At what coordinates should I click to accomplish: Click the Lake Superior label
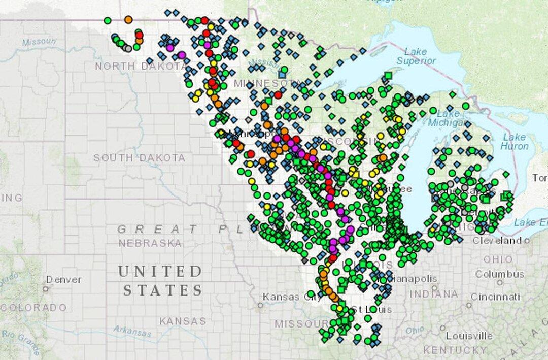(x=416, y=56)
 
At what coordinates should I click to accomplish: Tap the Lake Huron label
(x=514, y=141)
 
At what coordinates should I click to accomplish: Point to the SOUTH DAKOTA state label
(x=139, y=158)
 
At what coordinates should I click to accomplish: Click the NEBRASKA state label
(x=150, y=243)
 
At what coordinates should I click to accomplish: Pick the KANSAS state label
(x=183, y=321)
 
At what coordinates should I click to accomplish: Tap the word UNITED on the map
(x=160, y=272)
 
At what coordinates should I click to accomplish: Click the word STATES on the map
(x=162, y=290)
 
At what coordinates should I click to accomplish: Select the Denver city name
(x=63, y=279)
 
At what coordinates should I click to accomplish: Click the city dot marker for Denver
(x=46, y=289)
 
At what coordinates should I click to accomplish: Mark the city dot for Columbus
(x=500, y=283)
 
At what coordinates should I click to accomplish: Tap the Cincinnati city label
(x=495, y=297)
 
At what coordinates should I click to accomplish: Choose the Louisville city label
(x=469, y=336)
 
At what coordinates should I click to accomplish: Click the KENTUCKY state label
(x=455, y=350)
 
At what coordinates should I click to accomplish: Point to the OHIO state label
(x=490, y=259)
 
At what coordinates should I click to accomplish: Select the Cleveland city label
(x=497, y=240)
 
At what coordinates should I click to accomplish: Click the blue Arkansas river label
(x=132, y=332)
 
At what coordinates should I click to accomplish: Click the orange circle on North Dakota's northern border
(x=128, y=19)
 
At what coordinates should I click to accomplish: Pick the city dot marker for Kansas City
(x=260, y=305)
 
